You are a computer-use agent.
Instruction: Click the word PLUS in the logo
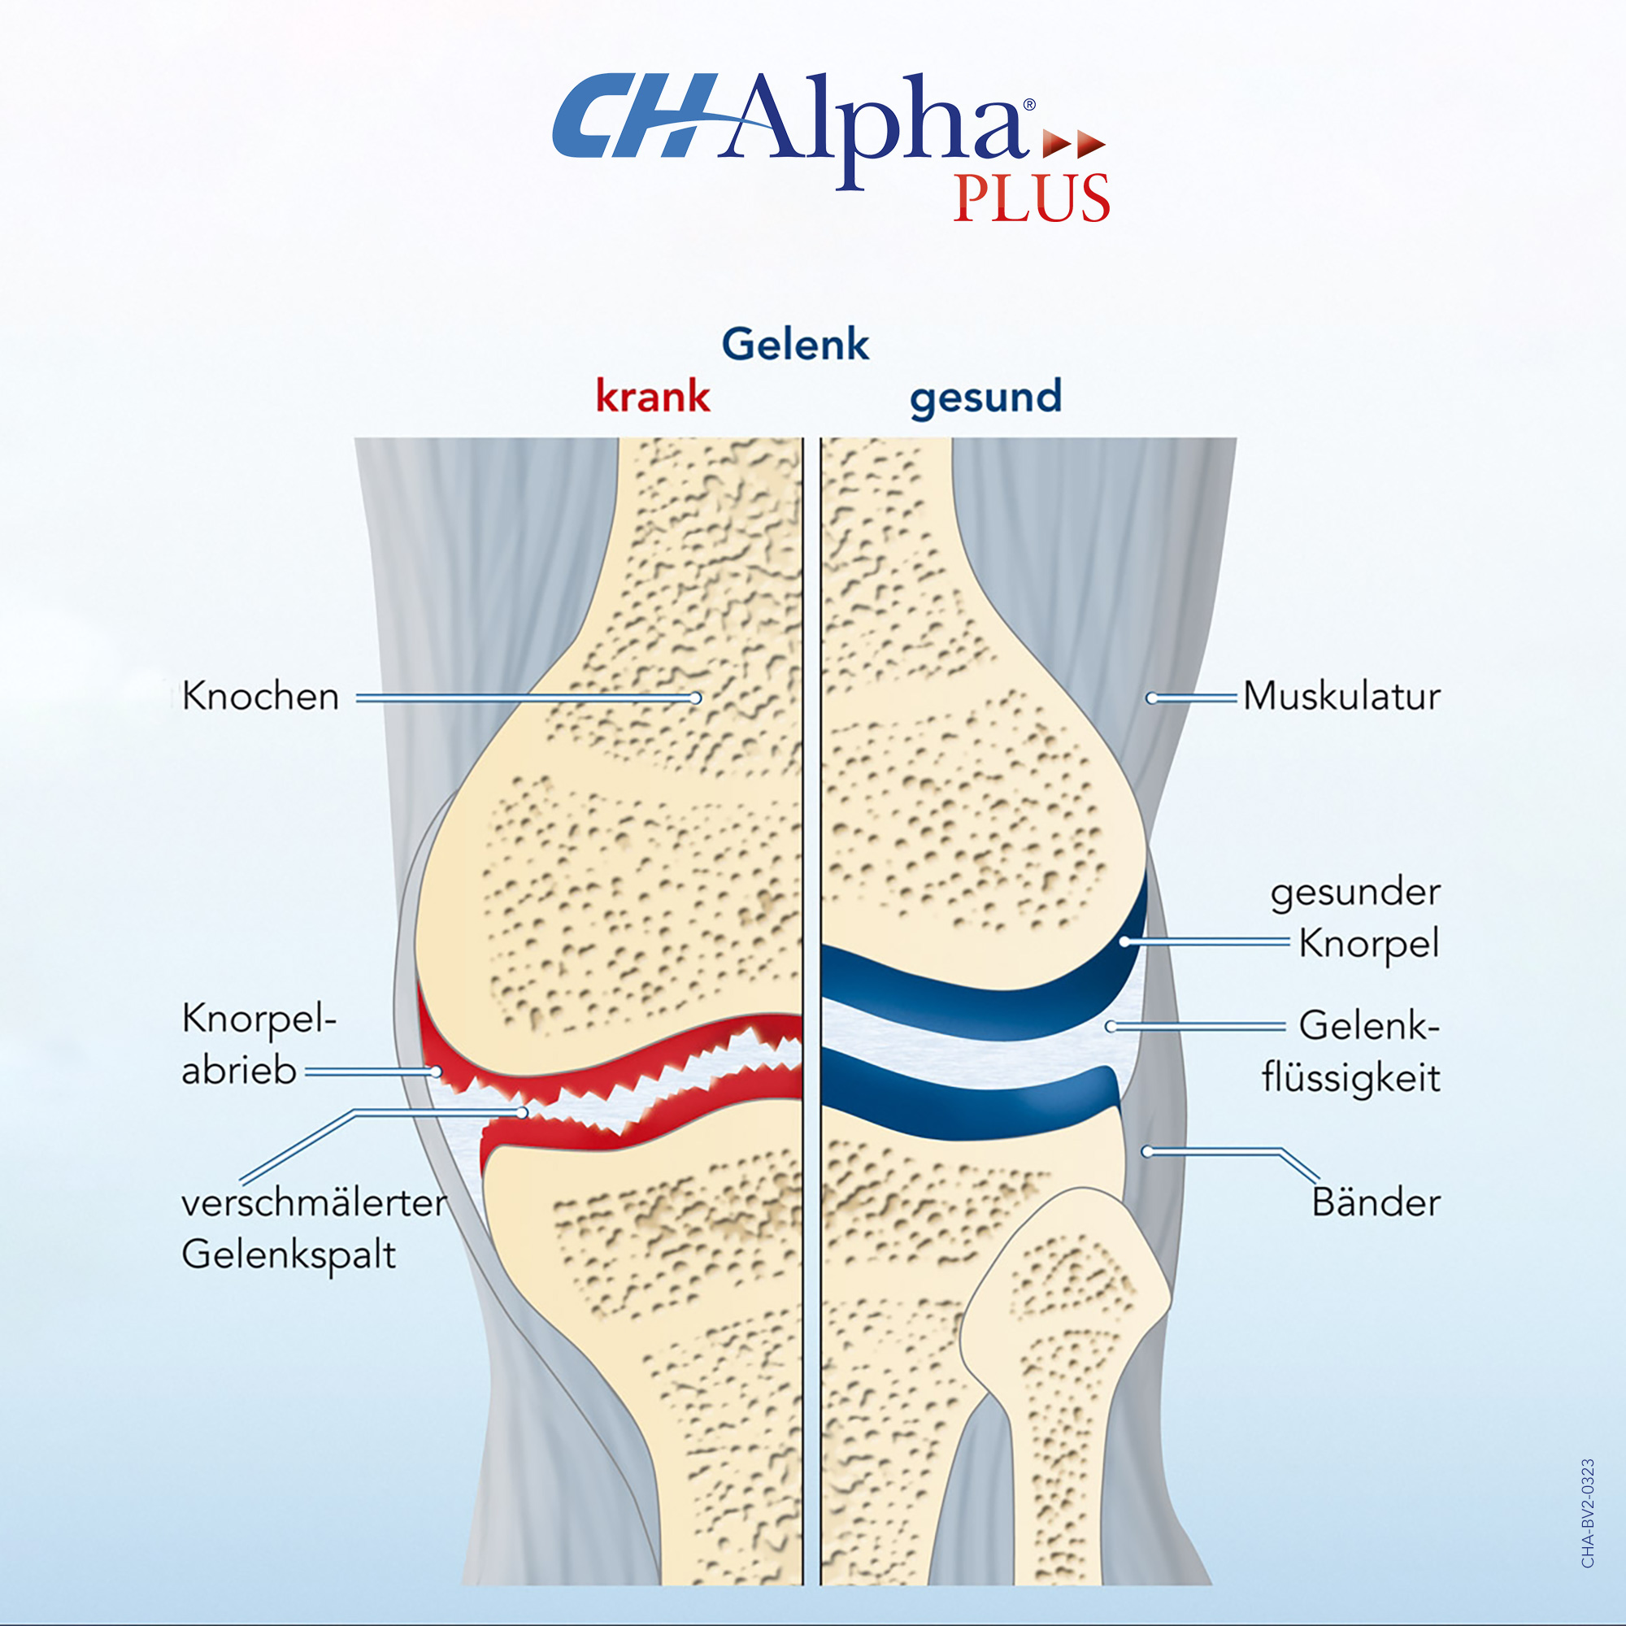[x=1031, y=198]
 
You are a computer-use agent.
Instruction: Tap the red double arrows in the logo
[x=1073, y=144]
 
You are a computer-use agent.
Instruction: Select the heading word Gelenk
[x=794, y=344]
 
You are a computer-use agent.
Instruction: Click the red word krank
[x=652, y=397]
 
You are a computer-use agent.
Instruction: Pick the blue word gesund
[x=985, y=398]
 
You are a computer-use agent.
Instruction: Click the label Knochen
[x=260, y=697]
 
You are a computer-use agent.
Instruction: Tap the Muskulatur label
[x=1341, y=697]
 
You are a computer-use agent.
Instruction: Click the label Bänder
[x=1376, y=1202]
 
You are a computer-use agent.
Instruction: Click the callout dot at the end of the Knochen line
[x=695, y=698]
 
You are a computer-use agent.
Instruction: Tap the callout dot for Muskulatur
[x=1151, y=698]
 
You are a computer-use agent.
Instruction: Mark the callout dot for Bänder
[x=1146, y=1151]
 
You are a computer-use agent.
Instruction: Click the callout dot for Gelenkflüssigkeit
[x=1111, y=1027]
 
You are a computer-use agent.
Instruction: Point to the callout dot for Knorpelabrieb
[x=436, y=1072]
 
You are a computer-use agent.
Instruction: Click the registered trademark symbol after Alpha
[x=1028, y=105]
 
